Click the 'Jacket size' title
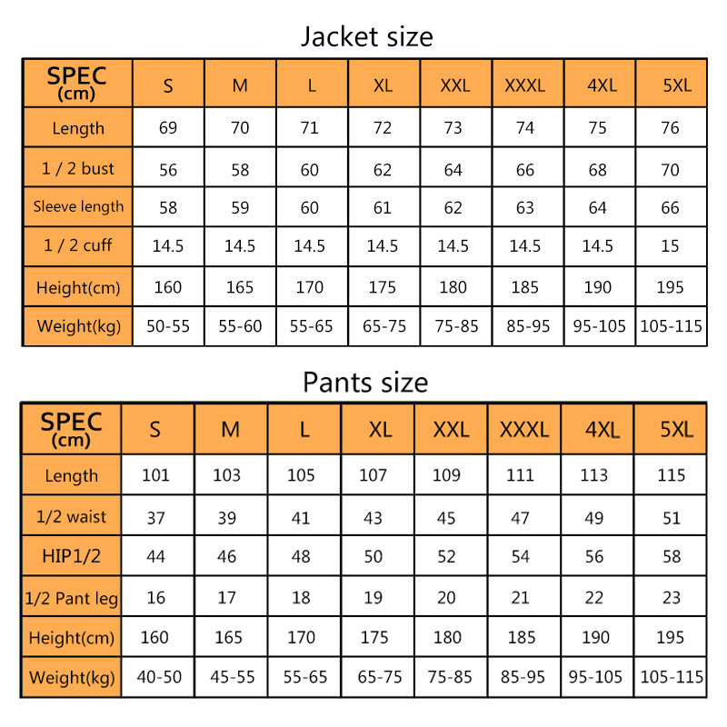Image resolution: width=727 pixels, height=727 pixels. (x=366, y=36)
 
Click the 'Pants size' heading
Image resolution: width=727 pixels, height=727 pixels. (x=365, y=382)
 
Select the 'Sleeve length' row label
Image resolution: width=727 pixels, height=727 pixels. (x=78, y=206)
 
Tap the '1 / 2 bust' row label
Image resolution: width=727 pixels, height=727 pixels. (x=78, y=168)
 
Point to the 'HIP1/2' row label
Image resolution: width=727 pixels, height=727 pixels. (x=71, y=556)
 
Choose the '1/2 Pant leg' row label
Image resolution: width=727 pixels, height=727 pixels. (x=71, y=598)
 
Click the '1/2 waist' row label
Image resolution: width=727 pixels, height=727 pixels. (x=71, y=516)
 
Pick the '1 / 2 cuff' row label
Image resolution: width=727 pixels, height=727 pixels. (x=78, y=246)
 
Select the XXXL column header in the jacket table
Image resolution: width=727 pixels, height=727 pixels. (x=525, y=85)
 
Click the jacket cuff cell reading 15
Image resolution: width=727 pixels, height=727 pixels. (x=670, y=246)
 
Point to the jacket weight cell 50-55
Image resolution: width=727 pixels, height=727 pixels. (x=168, y=326)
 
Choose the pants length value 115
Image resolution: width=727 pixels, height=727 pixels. (x=671, y=475)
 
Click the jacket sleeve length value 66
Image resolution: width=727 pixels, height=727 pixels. (x=670, y=208)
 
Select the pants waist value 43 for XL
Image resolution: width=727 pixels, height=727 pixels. (x=373, y=517)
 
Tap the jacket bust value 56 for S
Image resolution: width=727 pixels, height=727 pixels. (x=168, y=170)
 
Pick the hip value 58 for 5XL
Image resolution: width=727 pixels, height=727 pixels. (x=671, y=556)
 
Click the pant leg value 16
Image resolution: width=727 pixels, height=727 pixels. (x=155, y=597)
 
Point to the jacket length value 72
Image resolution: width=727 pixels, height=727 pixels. (x=383, y=128)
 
